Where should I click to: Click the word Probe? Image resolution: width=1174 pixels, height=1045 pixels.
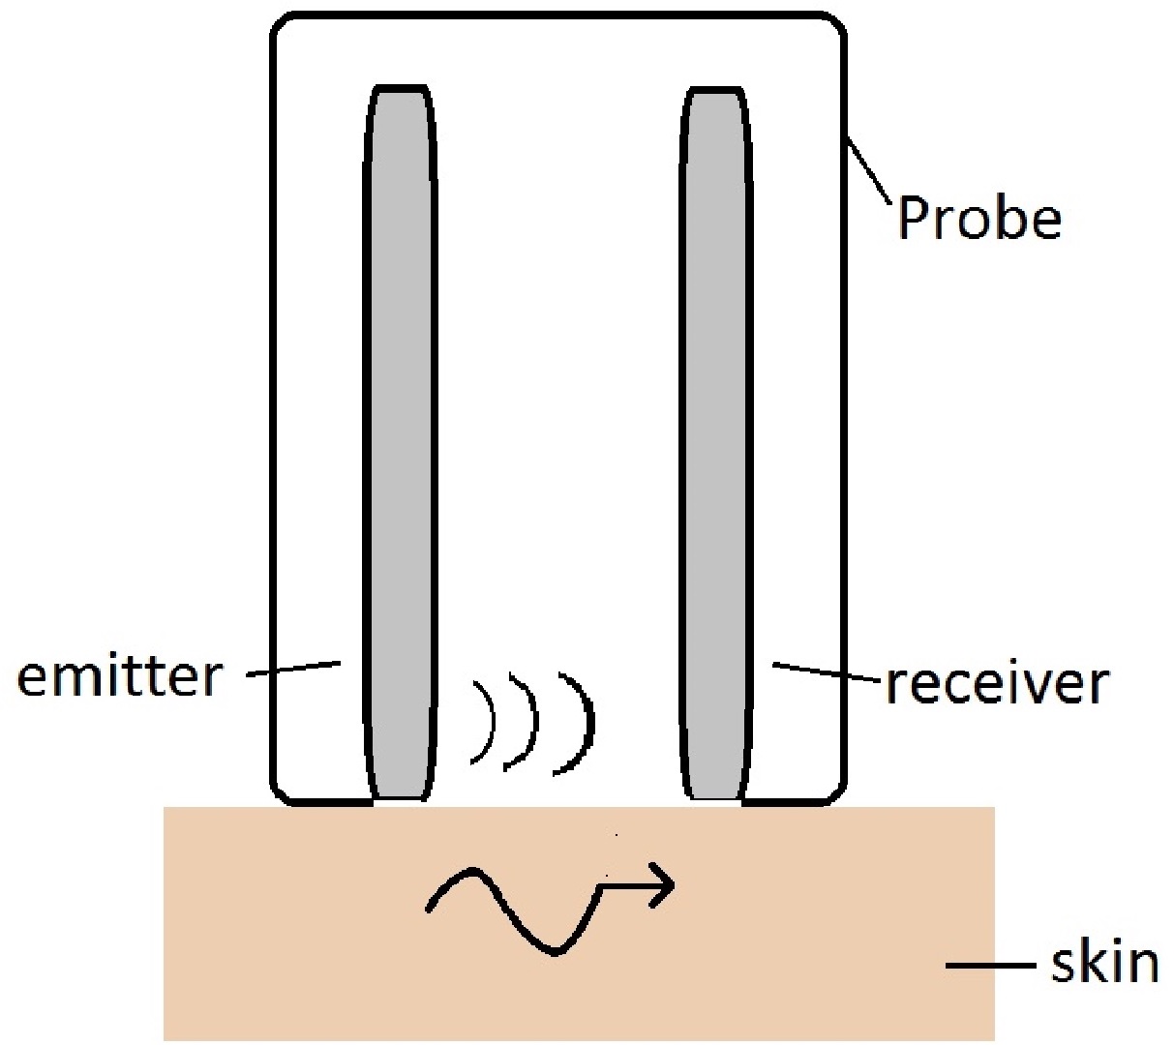click(978, 218)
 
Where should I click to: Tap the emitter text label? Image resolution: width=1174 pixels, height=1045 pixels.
click(119, 676)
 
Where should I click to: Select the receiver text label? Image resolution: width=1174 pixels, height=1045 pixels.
click(997, 684)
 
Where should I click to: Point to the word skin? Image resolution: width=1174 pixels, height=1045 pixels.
click(1103, 963)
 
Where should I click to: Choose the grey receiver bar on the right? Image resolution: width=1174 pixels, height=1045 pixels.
click(717, 435)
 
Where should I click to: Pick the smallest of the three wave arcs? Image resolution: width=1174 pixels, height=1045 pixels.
click(487, 722)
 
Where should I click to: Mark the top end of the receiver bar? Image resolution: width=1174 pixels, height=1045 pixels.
click(717, 95)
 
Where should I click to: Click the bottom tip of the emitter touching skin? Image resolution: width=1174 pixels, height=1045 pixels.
click(400, 795)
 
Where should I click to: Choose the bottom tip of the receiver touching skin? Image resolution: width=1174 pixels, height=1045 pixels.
click(716, 795)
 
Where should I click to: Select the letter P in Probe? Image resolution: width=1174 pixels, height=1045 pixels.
click(913, 218)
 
